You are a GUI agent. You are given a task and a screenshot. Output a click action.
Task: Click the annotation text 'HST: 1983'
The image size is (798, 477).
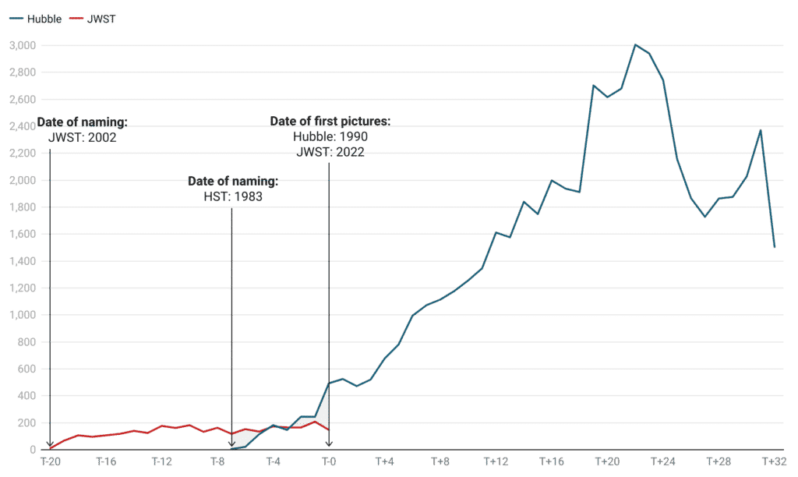coord(232,196)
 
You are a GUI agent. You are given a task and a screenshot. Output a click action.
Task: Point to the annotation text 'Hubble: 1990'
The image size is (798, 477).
coord(330,136)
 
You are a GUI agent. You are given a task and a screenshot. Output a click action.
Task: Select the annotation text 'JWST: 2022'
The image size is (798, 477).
coord(330,151)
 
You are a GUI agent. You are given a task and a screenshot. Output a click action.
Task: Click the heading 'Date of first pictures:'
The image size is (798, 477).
coord(330,122)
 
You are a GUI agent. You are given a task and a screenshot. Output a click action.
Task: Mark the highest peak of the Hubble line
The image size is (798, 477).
coord(635,44)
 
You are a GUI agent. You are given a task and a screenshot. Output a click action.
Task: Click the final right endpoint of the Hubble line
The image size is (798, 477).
coord(775,247)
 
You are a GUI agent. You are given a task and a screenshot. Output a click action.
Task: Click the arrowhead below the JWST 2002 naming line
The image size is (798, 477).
coord(50,445)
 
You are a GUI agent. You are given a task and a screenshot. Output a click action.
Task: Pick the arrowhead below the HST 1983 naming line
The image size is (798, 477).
coord(232,445)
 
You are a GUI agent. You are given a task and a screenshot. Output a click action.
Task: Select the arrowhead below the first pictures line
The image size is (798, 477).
coord(329,445)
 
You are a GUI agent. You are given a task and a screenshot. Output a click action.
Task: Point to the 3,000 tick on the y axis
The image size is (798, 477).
coord(26,46)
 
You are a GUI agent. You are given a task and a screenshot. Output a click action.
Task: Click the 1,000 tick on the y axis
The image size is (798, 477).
coord(26,315)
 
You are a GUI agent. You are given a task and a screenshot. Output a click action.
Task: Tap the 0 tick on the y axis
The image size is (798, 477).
coord(32,450)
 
